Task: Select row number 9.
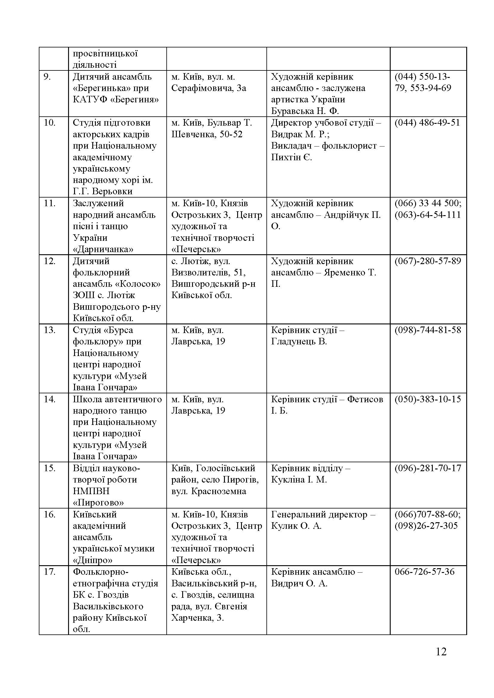coord(47,77)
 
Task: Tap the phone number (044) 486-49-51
coord(427,123)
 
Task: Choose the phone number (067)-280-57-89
coord(428,261)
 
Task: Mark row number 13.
coord(49,330)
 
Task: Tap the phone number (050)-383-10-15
coord(428,399)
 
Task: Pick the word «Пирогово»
coord(98,503)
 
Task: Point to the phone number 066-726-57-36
coord(424,572)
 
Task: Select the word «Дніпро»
coord(93,560)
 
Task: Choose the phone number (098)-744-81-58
coord(428,330)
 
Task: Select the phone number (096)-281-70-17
coord(428,468)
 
